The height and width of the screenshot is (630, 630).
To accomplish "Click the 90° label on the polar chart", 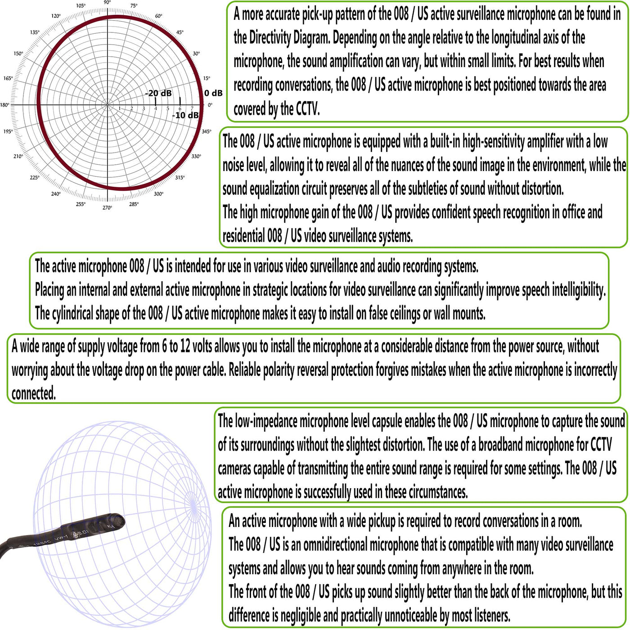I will click(x=107, y=3).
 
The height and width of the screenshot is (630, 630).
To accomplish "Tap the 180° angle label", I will click(x=4, y=105).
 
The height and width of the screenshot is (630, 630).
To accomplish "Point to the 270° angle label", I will click(x=107, y=207).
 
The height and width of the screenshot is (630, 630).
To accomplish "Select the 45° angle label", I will click(x=180, y=32).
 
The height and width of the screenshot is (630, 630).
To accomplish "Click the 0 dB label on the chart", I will click(x=213, y=93).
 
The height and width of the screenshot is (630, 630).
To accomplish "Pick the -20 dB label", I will click(x=158, y=93).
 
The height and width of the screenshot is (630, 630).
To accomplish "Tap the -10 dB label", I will click(x=185, y=115).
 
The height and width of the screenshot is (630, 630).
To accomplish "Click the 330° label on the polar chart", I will click(x=196, y=156).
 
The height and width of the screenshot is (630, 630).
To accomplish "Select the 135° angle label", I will click(x=35, y=32).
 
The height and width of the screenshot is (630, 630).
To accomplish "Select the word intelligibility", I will click(x=578, y=290).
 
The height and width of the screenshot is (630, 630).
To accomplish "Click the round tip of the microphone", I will click(x=118, y=521).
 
